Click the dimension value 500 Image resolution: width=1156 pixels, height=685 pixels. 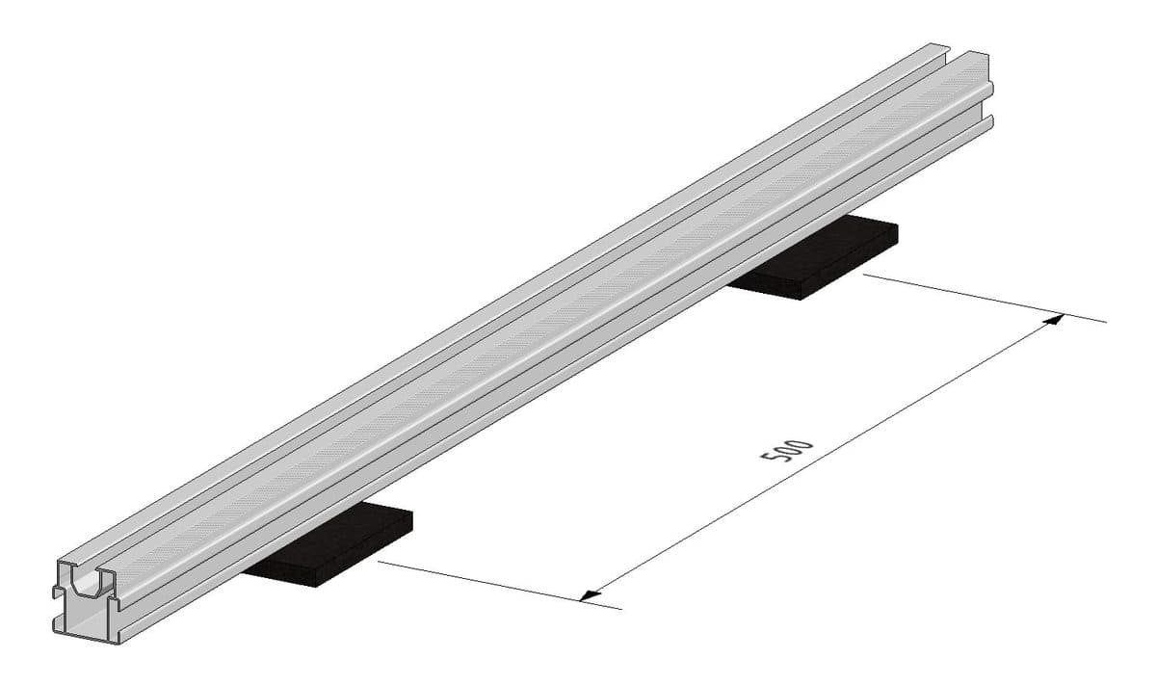click(x=787, y=451)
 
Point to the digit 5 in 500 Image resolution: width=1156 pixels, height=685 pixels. click(x=773, y=460)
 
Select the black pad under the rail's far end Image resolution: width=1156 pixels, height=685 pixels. click(x=819, y=258)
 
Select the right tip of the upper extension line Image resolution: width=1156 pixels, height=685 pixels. click(x=1105, y=320)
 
